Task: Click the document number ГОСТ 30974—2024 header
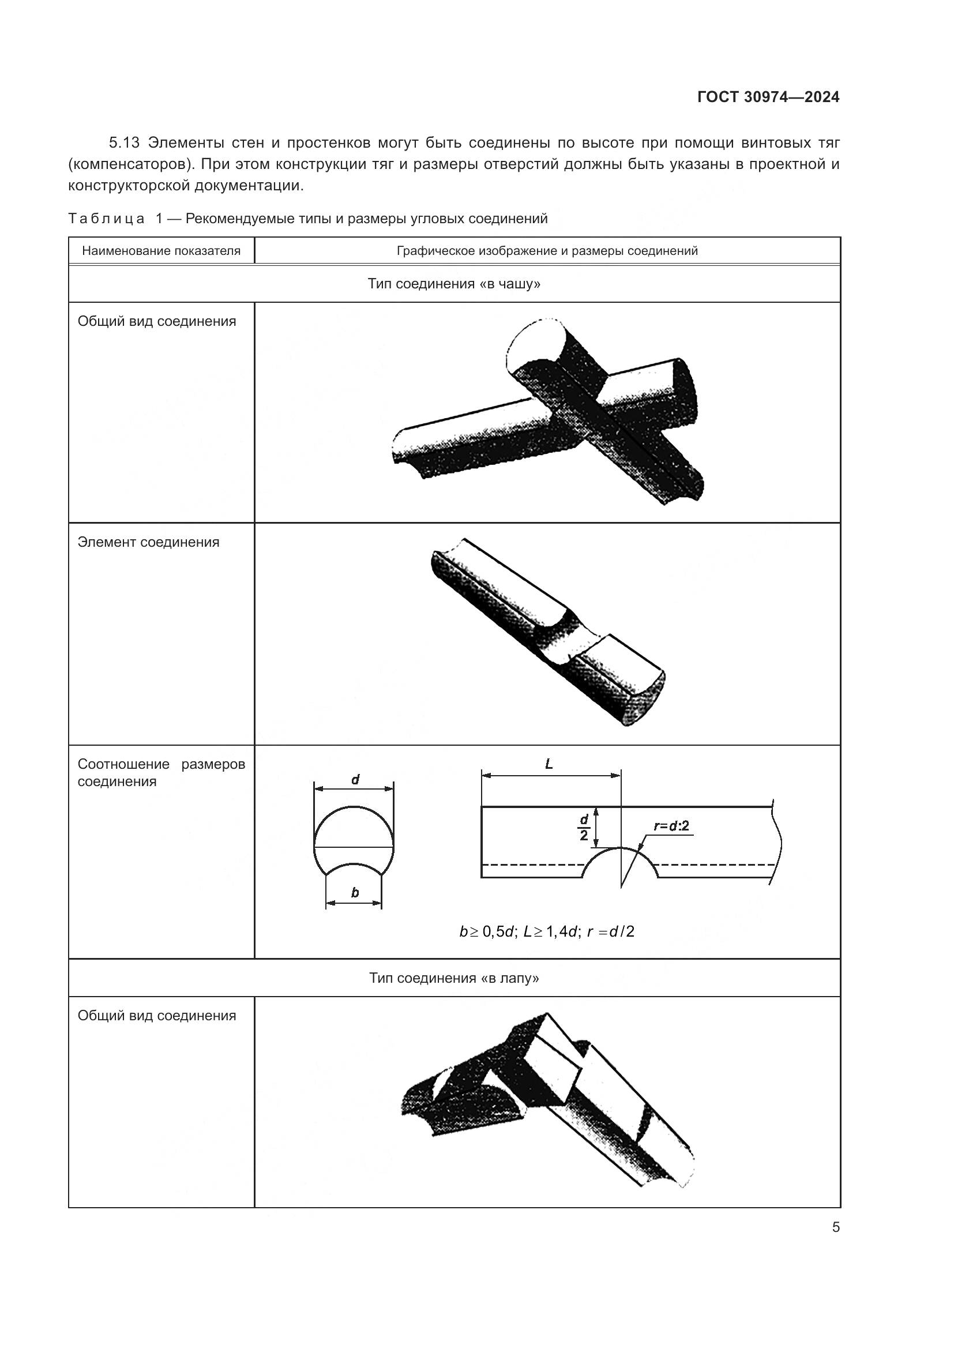768,97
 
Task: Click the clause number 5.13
124,143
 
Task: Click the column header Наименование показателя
161,251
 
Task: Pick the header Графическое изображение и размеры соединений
547,251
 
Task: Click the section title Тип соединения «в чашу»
453,284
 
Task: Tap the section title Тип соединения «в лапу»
453,978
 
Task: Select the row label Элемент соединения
148,542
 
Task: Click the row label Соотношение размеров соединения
161,773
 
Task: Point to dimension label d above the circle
355,780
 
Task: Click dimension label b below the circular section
354,893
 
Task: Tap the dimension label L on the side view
549,764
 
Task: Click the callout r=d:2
671,826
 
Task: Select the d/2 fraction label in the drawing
583,827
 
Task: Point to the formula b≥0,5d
487,931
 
